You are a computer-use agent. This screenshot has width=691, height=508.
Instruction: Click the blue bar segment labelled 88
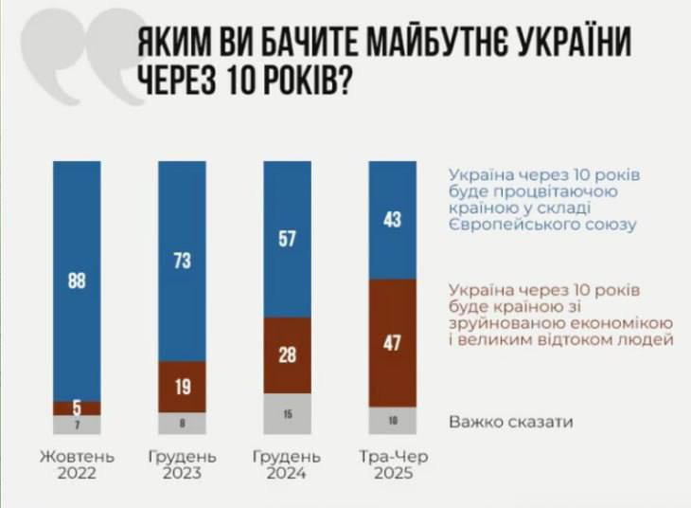coord(77,281)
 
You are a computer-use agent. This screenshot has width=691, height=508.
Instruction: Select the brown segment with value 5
coord(77,408)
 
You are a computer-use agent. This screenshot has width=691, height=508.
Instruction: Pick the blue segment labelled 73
coord(182,262)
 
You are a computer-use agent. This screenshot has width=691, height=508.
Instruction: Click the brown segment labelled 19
coord(182,387)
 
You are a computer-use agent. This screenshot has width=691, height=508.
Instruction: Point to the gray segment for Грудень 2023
coord(182,424)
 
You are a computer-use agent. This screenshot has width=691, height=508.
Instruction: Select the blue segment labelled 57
coord(287,239)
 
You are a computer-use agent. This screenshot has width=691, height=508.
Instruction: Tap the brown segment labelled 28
coord(287,354)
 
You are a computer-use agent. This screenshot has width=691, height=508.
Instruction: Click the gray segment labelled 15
coord(287,413)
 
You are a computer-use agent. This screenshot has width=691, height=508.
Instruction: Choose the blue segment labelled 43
coord(392,220)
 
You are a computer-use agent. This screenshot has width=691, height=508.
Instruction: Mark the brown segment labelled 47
coord(392,343)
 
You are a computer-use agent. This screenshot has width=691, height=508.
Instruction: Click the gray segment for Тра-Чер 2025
coord(392,421)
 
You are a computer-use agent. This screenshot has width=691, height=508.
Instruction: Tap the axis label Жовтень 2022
coord(77,464)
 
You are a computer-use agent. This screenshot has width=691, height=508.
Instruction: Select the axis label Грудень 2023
coord(182,464)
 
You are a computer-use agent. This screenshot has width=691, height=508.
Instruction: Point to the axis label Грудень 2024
coord(287,464)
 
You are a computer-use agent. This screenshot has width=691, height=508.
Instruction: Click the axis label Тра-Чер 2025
coord(393,464)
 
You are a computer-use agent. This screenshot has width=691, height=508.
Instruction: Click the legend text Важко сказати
coord(510,421)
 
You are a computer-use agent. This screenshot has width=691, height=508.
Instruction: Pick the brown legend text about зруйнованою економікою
coord(560,313)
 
